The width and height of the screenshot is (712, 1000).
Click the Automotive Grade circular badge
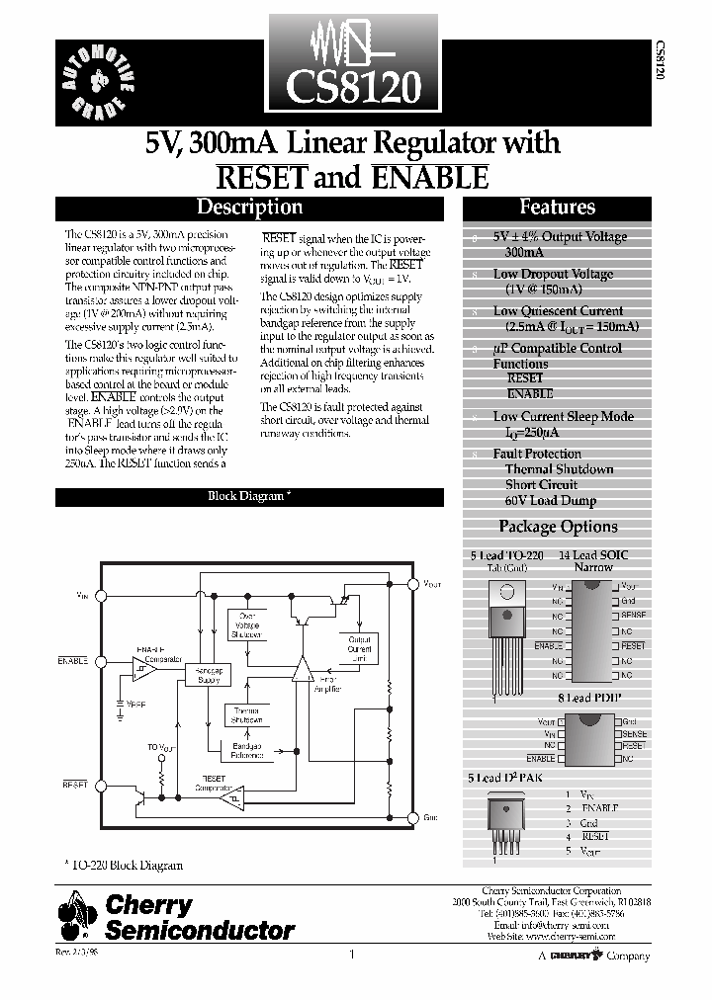coord(96,80)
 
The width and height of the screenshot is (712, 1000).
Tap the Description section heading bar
coord(249,208)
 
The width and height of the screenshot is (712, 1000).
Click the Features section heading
coord(557,208)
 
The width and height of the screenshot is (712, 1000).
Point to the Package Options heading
coord(558,527)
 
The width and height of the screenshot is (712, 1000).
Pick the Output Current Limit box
coord(359,648)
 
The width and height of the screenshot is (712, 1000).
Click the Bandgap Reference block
coord(247,750)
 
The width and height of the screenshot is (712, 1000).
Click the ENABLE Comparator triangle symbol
coord(144,672)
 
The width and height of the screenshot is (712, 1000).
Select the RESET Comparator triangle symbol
coord(229,800)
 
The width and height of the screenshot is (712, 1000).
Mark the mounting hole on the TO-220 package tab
coord(505,593)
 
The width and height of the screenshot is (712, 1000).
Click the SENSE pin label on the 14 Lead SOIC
coord(634,615)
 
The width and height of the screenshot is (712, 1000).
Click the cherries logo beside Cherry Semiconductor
coord(79,914)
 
